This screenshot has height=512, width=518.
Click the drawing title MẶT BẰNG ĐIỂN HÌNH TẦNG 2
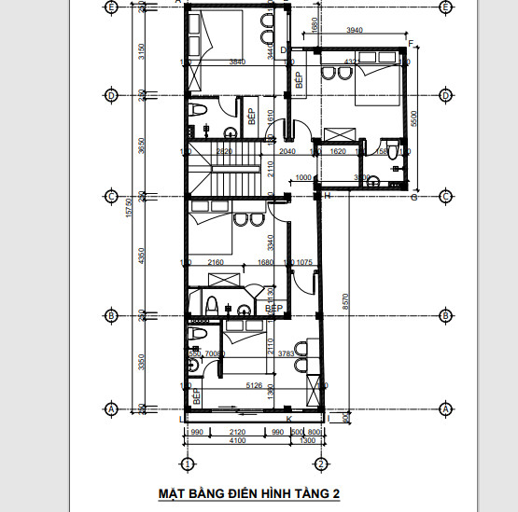[250, 494]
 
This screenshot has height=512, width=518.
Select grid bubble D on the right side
[445, 95]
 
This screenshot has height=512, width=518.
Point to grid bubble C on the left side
[112, 197]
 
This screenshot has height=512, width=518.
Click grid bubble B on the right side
[445, 315]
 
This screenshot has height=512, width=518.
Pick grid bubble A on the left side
[112, 408]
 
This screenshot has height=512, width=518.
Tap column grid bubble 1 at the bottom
[187, 464]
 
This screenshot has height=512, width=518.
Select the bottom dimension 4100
[238, 441]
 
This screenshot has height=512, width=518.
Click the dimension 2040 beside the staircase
[287, 150]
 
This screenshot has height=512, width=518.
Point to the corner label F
[411, 44]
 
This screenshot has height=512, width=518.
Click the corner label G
[413, 198]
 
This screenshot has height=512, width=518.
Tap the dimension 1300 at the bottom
[308, 441]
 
